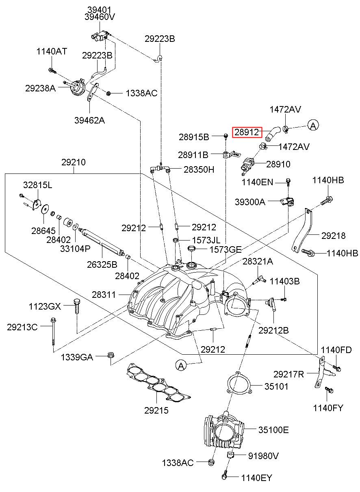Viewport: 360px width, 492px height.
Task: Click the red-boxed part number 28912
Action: (x=247, y=132)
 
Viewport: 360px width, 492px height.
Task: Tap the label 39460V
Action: (x=100, y=17)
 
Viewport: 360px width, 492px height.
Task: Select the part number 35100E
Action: (x=273, y=429)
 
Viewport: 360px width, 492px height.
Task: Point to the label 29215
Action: (x=156, y=410)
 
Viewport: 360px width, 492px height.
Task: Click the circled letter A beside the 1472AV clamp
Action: (x=313, y=126)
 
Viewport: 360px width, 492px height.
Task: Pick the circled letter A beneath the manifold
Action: (x=181, y=366)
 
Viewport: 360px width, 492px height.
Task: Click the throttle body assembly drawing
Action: (x=224, y=431)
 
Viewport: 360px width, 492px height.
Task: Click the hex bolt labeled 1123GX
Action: (x=76, y=306)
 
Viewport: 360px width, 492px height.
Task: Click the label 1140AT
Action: (x=52, y=52)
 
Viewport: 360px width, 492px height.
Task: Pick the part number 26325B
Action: (x=102, y=264)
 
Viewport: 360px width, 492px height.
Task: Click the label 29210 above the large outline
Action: (x=74, y=163)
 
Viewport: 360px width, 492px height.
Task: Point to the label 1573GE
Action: (x=226, y=250)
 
